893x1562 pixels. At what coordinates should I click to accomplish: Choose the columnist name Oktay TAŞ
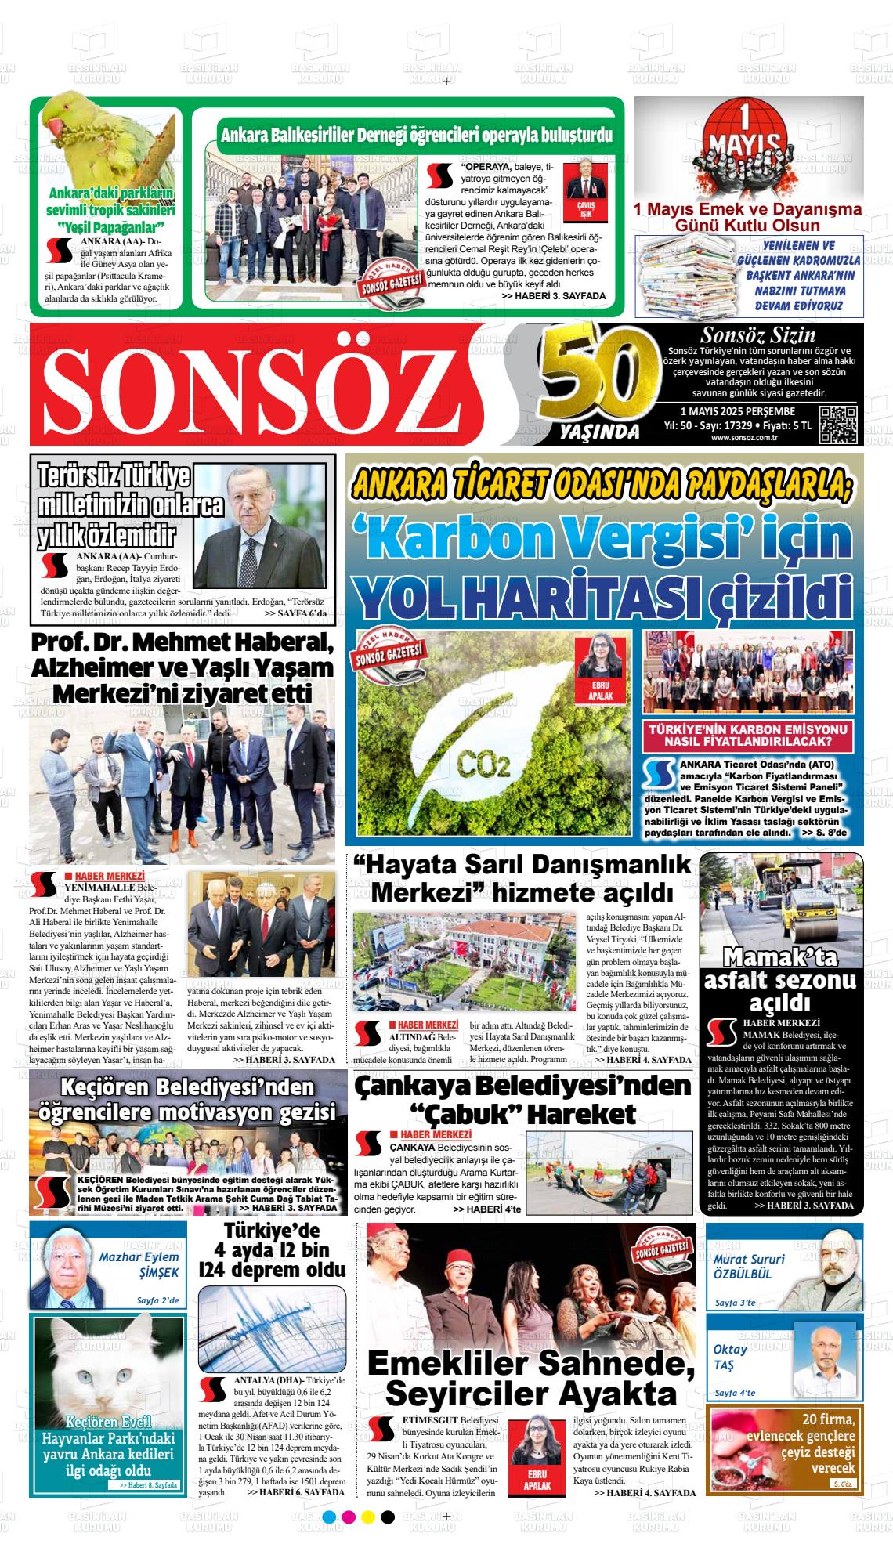pyautogui.click(x=730, y=1357)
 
